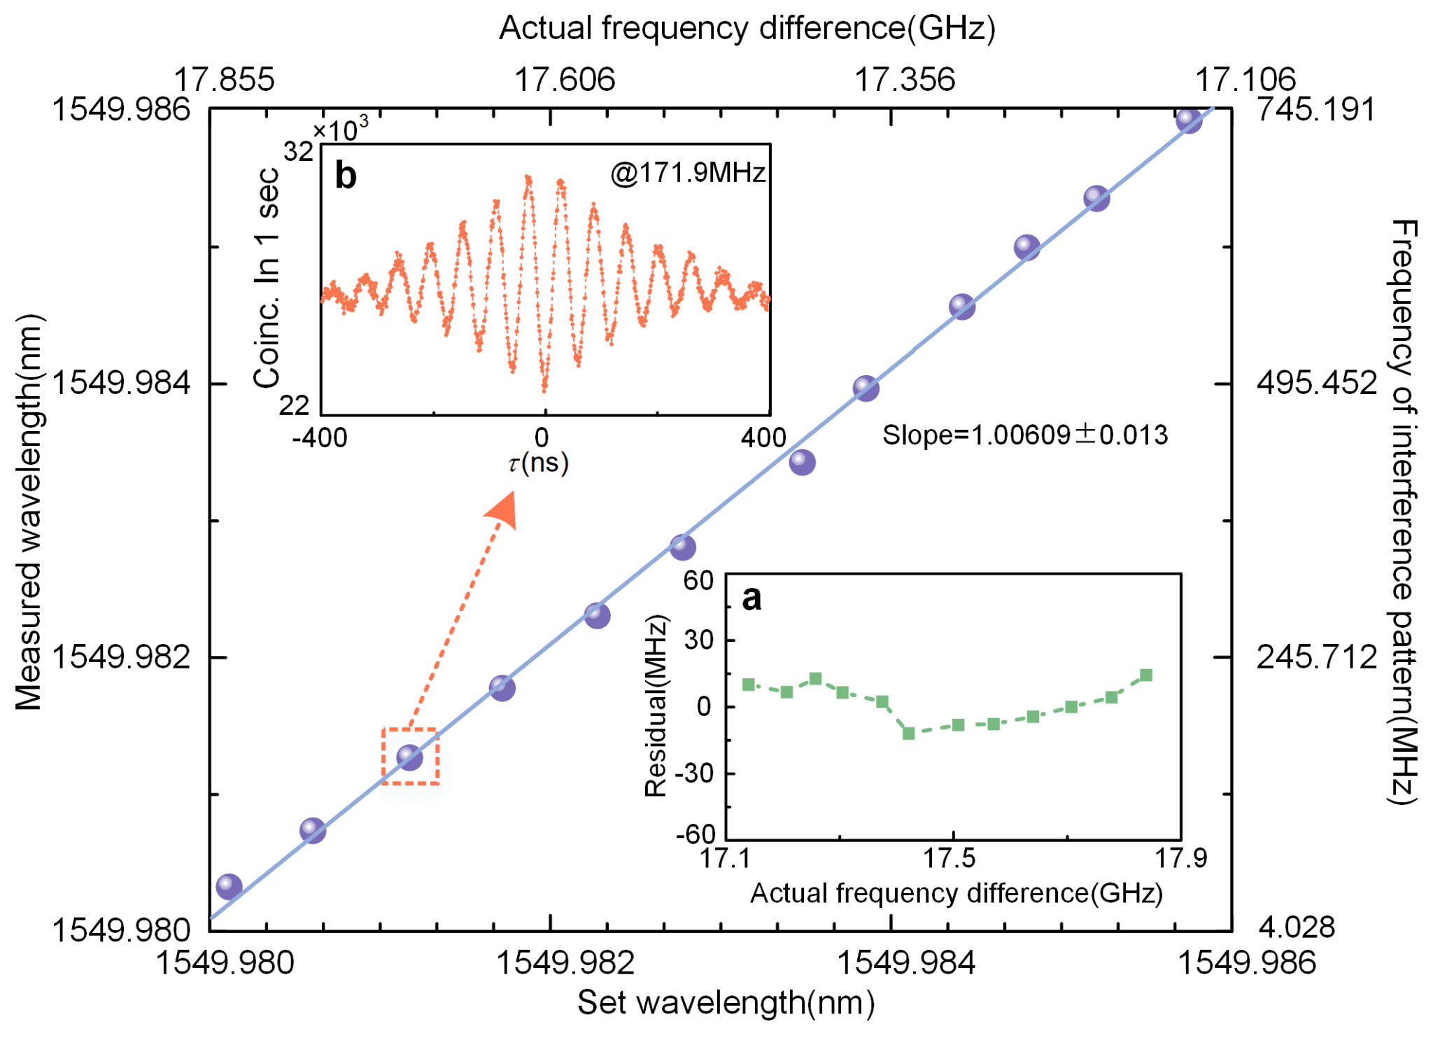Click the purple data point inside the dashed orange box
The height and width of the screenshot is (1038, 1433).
[x=409, y=757]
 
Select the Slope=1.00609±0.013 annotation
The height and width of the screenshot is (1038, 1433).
[x=1024, y=435]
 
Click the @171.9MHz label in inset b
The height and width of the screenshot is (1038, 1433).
[x=688, y=172]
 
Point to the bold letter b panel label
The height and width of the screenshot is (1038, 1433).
[x=346, y=175]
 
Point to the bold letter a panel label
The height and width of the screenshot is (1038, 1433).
[x=751, y=598]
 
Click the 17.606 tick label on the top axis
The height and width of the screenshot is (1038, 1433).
[x=565, y=80]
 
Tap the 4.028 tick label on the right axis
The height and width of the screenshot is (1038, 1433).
[x=1297, y=927]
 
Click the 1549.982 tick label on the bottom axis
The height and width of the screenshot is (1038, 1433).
[x=565, y=963]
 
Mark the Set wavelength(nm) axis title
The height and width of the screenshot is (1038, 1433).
[x=726, y=1003]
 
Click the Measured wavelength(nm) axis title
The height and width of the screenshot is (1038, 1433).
[x=29, y=512]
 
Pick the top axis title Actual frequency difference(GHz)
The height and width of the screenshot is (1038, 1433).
[x=747, y=29]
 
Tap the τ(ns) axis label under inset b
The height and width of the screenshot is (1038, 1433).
[x=538, y=463]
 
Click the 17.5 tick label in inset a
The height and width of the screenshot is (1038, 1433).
[x=950, y=858]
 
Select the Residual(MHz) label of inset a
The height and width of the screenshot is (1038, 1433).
[x=656, y=706]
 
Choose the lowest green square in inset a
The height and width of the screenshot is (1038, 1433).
[x=909, y=734]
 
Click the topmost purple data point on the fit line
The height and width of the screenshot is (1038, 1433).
[x=1188, y=120]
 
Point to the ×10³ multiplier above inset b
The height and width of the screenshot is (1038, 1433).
[x=340, y=130]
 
